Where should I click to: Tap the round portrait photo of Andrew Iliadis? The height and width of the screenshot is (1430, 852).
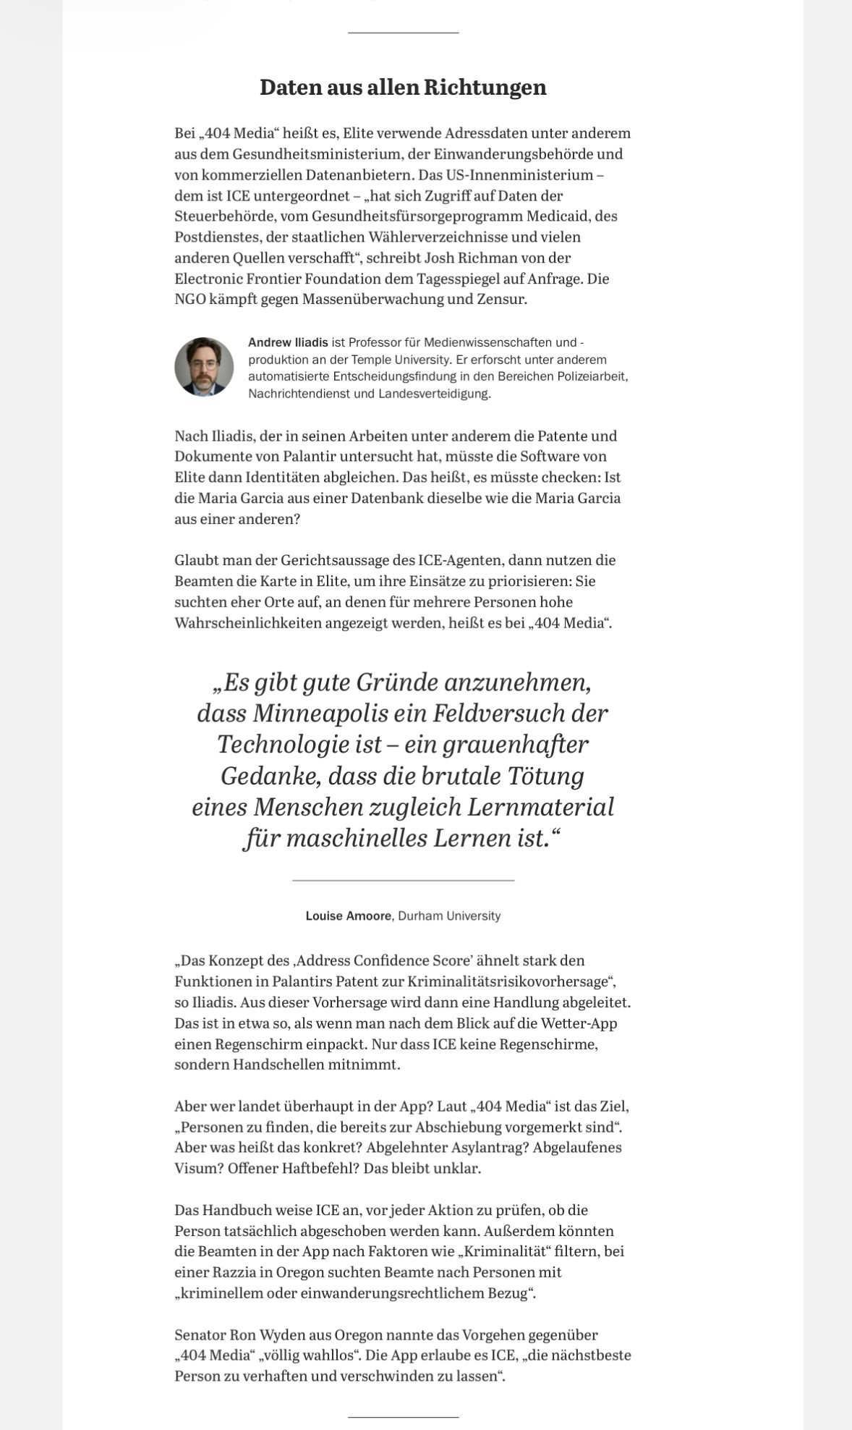pyautogui.click(x=204, y=367)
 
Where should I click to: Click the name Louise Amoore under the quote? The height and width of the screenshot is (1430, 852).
pyautogui.click(x=348, y=916)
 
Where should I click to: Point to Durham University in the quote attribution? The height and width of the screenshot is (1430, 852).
pyautogui.click(x=449, y=916)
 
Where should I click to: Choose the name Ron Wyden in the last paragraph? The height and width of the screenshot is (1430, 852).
pyautogui.click(x=263, y=1334)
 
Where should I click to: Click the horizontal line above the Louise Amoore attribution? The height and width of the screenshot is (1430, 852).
pyautogui.click(x=403, y=880)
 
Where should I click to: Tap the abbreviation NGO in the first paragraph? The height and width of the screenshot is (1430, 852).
pyautogui.click(x=189, y=300)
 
